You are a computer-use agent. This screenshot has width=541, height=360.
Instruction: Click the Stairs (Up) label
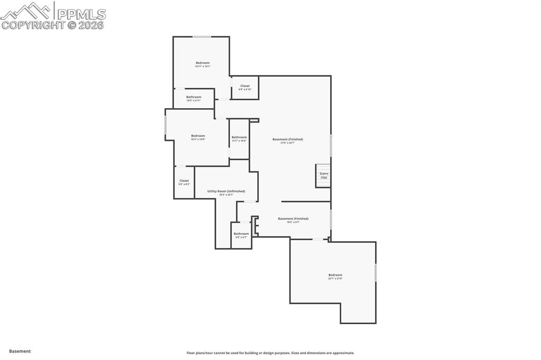click(323, 175)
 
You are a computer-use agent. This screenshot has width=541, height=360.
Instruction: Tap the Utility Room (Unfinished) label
click(226, 191)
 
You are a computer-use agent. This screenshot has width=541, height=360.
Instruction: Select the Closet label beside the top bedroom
click(245, 86)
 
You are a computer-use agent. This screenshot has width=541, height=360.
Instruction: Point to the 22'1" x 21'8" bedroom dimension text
click(335, 279)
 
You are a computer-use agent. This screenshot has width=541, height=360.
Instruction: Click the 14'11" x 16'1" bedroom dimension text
click(202, 67)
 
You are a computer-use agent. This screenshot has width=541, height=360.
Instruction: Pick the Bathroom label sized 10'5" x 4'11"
click(193, 97)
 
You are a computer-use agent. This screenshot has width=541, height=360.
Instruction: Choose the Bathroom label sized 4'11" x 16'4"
click(239, 137)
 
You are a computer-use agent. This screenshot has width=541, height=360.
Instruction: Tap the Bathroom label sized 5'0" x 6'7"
click(241, 234)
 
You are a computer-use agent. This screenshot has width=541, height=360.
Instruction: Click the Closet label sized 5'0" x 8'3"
click(184, 181)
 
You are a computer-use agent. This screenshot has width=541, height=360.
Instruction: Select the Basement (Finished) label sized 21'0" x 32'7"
click(288, 139)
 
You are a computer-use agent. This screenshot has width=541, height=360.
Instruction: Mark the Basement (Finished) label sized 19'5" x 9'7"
click(293, 219)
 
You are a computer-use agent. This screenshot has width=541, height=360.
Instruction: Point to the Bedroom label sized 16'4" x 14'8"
click(198, 136)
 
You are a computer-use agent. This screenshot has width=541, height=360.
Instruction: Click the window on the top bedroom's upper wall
click(202, 36)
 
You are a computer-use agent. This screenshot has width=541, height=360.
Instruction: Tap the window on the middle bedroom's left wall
click(165, 125)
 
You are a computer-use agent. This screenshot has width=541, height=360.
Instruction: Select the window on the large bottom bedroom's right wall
click(376, 272)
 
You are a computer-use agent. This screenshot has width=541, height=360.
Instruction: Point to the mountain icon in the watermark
click(26, 11)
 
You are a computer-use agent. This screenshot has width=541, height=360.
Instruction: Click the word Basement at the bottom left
click(20, 351)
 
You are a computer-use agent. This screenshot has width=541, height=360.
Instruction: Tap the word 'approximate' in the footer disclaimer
click(341, 353)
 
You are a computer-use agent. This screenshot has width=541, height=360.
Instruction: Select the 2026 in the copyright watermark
click(91, 25)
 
